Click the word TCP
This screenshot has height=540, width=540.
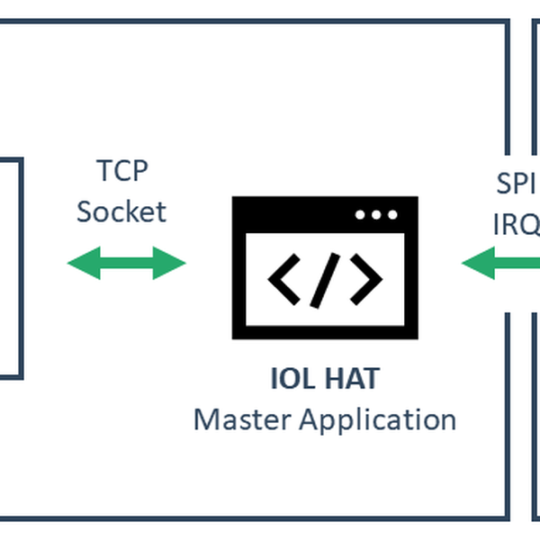pyautogui.click(x=121, y=170)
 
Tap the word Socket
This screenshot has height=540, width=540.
pyautogui.click(x=121, y=211)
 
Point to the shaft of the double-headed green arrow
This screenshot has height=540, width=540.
pyautogui.click(x=126, y=263)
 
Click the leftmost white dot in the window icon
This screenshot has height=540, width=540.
pyautogui.click(x=361, y=215)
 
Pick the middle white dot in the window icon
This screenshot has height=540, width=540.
pyautogui.click(x=376, y=215)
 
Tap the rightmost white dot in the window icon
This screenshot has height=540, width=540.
pyautogui.click(x=391, y=215)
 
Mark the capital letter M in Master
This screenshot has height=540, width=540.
pyautogui.click(x=205, y=419)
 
